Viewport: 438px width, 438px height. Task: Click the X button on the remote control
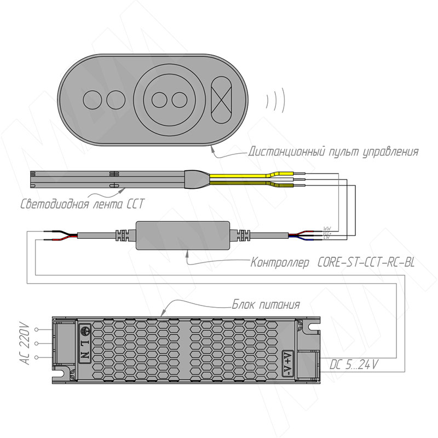[223, 99]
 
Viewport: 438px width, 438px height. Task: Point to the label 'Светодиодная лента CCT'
[82, 205]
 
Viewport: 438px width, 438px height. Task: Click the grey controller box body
[183, 235]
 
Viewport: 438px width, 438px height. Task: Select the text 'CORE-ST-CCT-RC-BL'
[365, 262]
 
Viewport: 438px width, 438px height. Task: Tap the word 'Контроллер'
[280, 262]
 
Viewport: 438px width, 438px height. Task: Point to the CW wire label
[327, 238]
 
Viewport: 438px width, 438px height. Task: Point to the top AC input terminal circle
[37, 330]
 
